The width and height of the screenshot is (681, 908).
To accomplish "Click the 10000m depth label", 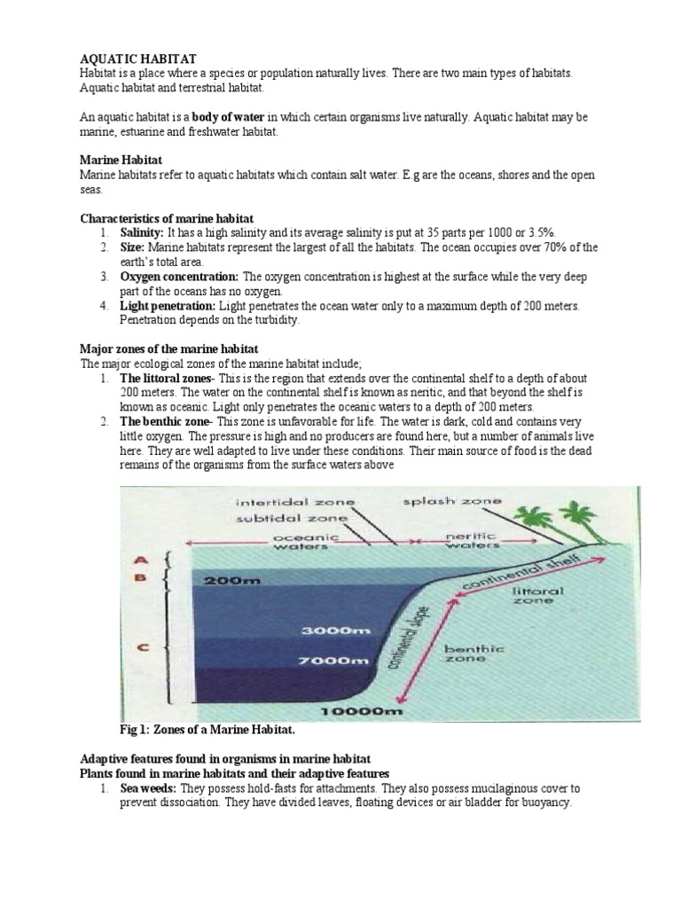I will point(352,711).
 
